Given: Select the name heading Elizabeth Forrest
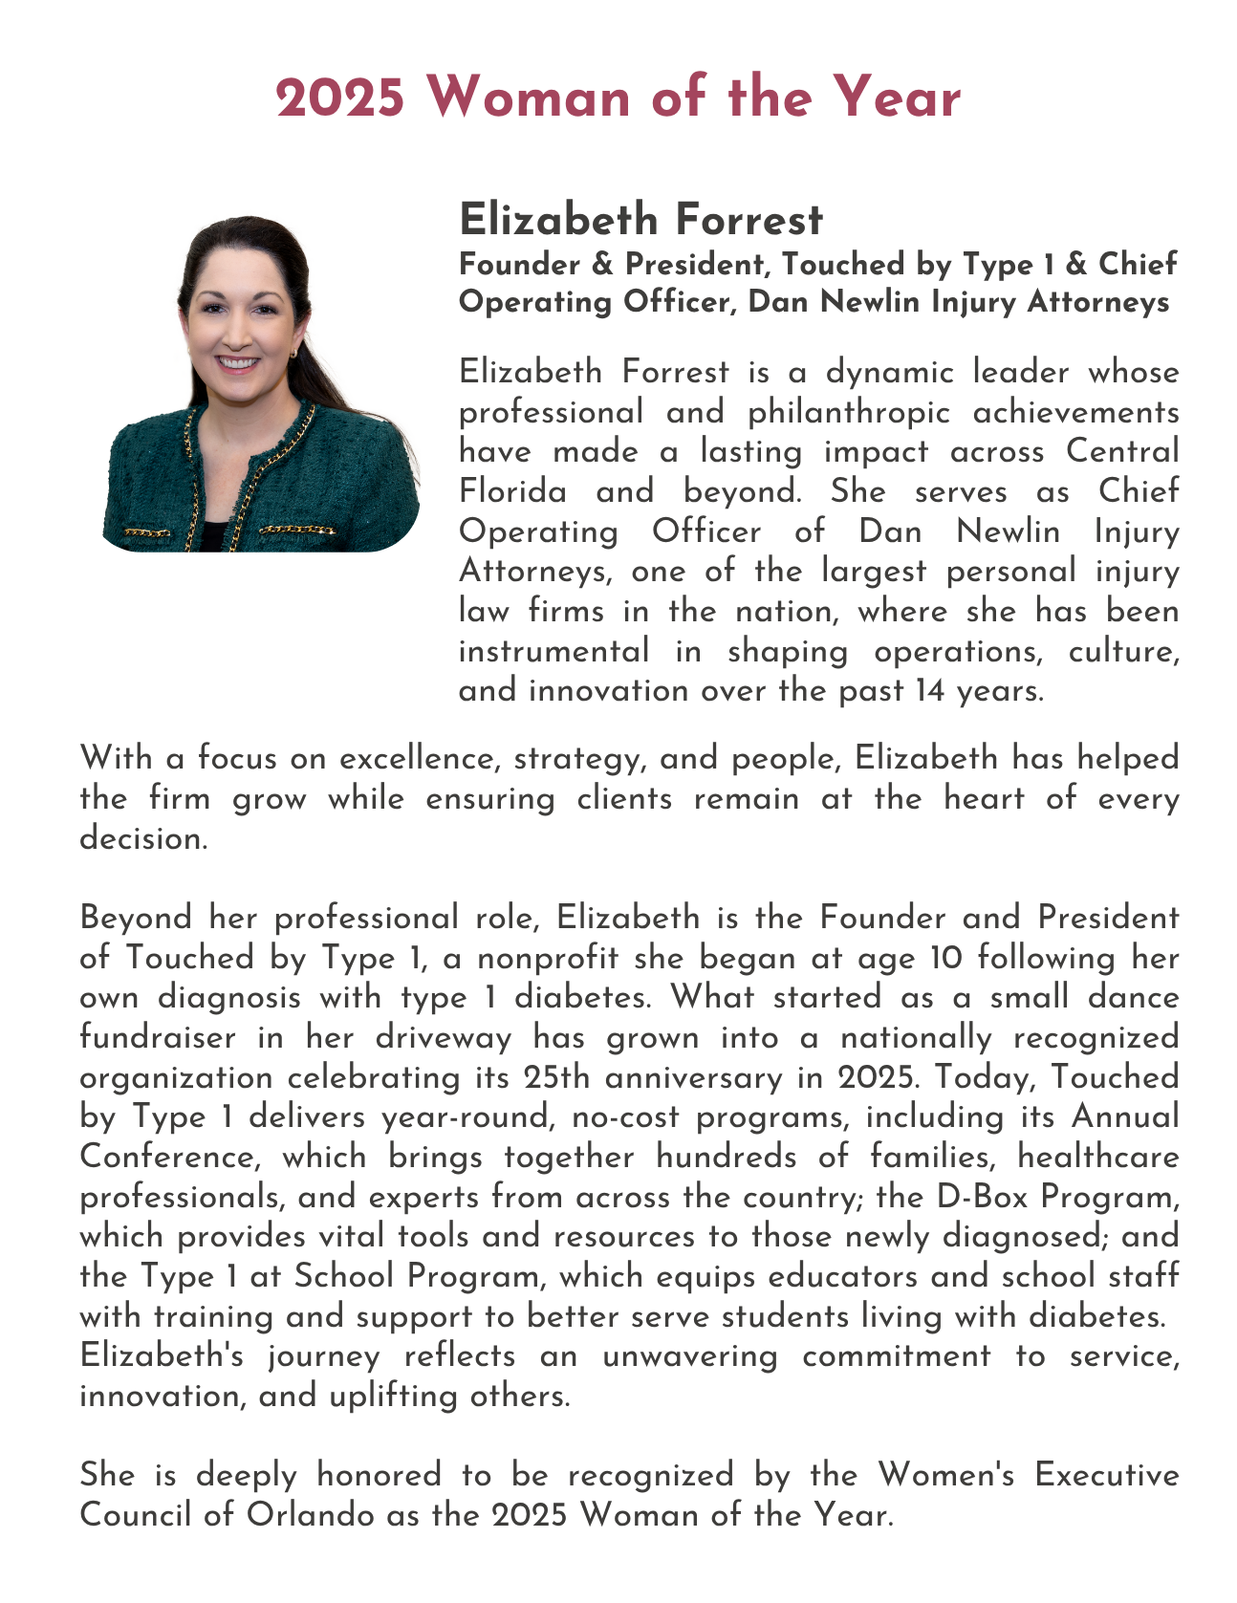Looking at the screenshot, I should click(x=640, y=220).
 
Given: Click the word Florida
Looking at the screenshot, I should click(x=512, y=491).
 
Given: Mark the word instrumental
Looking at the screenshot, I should click(x=553, y=651).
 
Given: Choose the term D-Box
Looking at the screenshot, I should click(x=1003, y=1197).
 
